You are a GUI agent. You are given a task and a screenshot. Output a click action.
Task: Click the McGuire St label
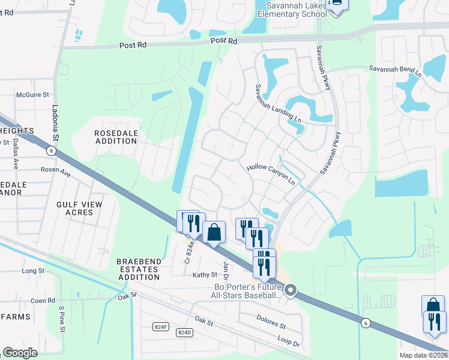pos(32,95)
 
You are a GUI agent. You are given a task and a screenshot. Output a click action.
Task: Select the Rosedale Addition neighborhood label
pos(116,137)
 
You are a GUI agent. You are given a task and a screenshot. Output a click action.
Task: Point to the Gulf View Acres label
pos(79,208)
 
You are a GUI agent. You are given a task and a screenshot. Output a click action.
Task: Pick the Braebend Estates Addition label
pos(139,270)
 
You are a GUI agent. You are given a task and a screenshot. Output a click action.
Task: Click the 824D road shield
pos(184,332)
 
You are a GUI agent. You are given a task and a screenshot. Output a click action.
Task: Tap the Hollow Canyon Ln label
pos(272,173)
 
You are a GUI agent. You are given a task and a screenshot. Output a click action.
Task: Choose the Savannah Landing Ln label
pos(278,103)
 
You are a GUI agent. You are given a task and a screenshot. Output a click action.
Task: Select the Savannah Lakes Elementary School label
pos(292,10)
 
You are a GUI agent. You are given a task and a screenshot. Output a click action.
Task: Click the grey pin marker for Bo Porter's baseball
pos(291,291)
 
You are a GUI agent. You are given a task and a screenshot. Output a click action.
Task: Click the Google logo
pos(20,353)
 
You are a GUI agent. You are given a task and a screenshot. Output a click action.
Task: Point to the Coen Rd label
pos(43,301)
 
